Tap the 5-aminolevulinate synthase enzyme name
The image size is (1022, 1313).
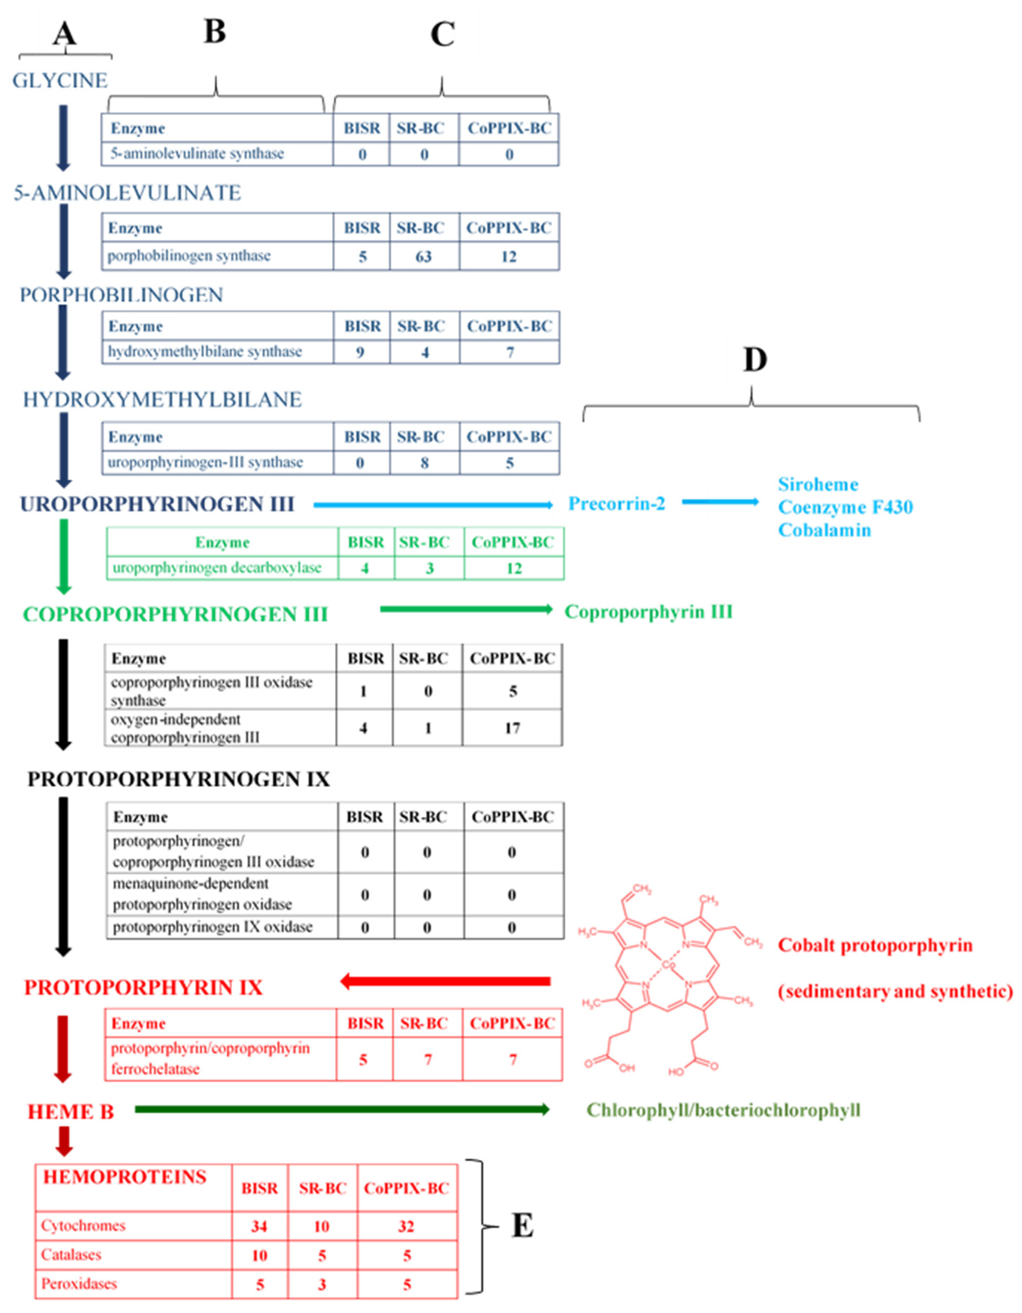click(197, 154)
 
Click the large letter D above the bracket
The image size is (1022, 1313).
click(755, 360)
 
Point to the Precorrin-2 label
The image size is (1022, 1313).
click(617, 504)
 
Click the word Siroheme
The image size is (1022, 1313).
click(818, 485)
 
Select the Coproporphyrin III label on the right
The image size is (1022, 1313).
click(648, 612)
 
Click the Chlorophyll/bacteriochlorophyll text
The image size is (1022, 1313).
click(723, 1110)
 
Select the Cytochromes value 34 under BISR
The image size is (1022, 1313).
click(259, 1226)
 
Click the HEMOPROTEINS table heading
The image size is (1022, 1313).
click(124, 1177)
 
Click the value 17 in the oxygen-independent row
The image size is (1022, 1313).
click(512, 728)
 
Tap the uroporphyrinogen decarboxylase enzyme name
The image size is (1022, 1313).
click(217, 568)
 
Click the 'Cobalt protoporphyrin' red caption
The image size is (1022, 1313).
click(875, 946)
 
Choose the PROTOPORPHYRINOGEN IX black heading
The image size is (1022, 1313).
click(179, 780)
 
